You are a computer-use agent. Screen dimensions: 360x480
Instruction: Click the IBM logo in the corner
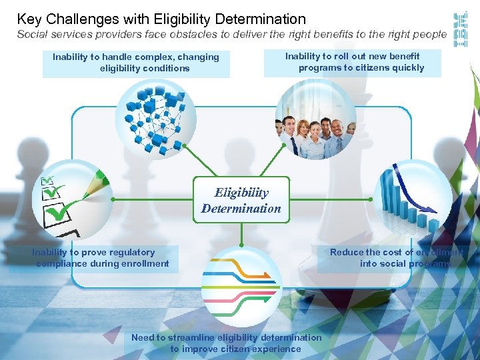point(461,29)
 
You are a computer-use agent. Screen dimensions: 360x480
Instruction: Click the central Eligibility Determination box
point(241,201)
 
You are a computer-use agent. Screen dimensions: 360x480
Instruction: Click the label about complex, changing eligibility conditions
point(136,63)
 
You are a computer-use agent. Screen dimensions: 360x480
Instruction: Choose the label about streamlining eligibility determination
point(226,343)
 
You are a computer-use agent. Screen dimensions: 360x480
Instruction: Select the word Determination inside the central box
point(241,209)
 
